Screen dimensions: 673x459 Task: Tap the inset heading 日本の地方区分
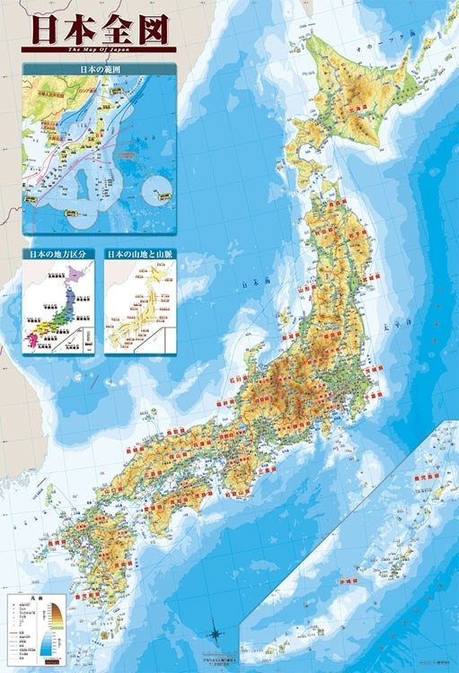[x=58, y=255]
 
